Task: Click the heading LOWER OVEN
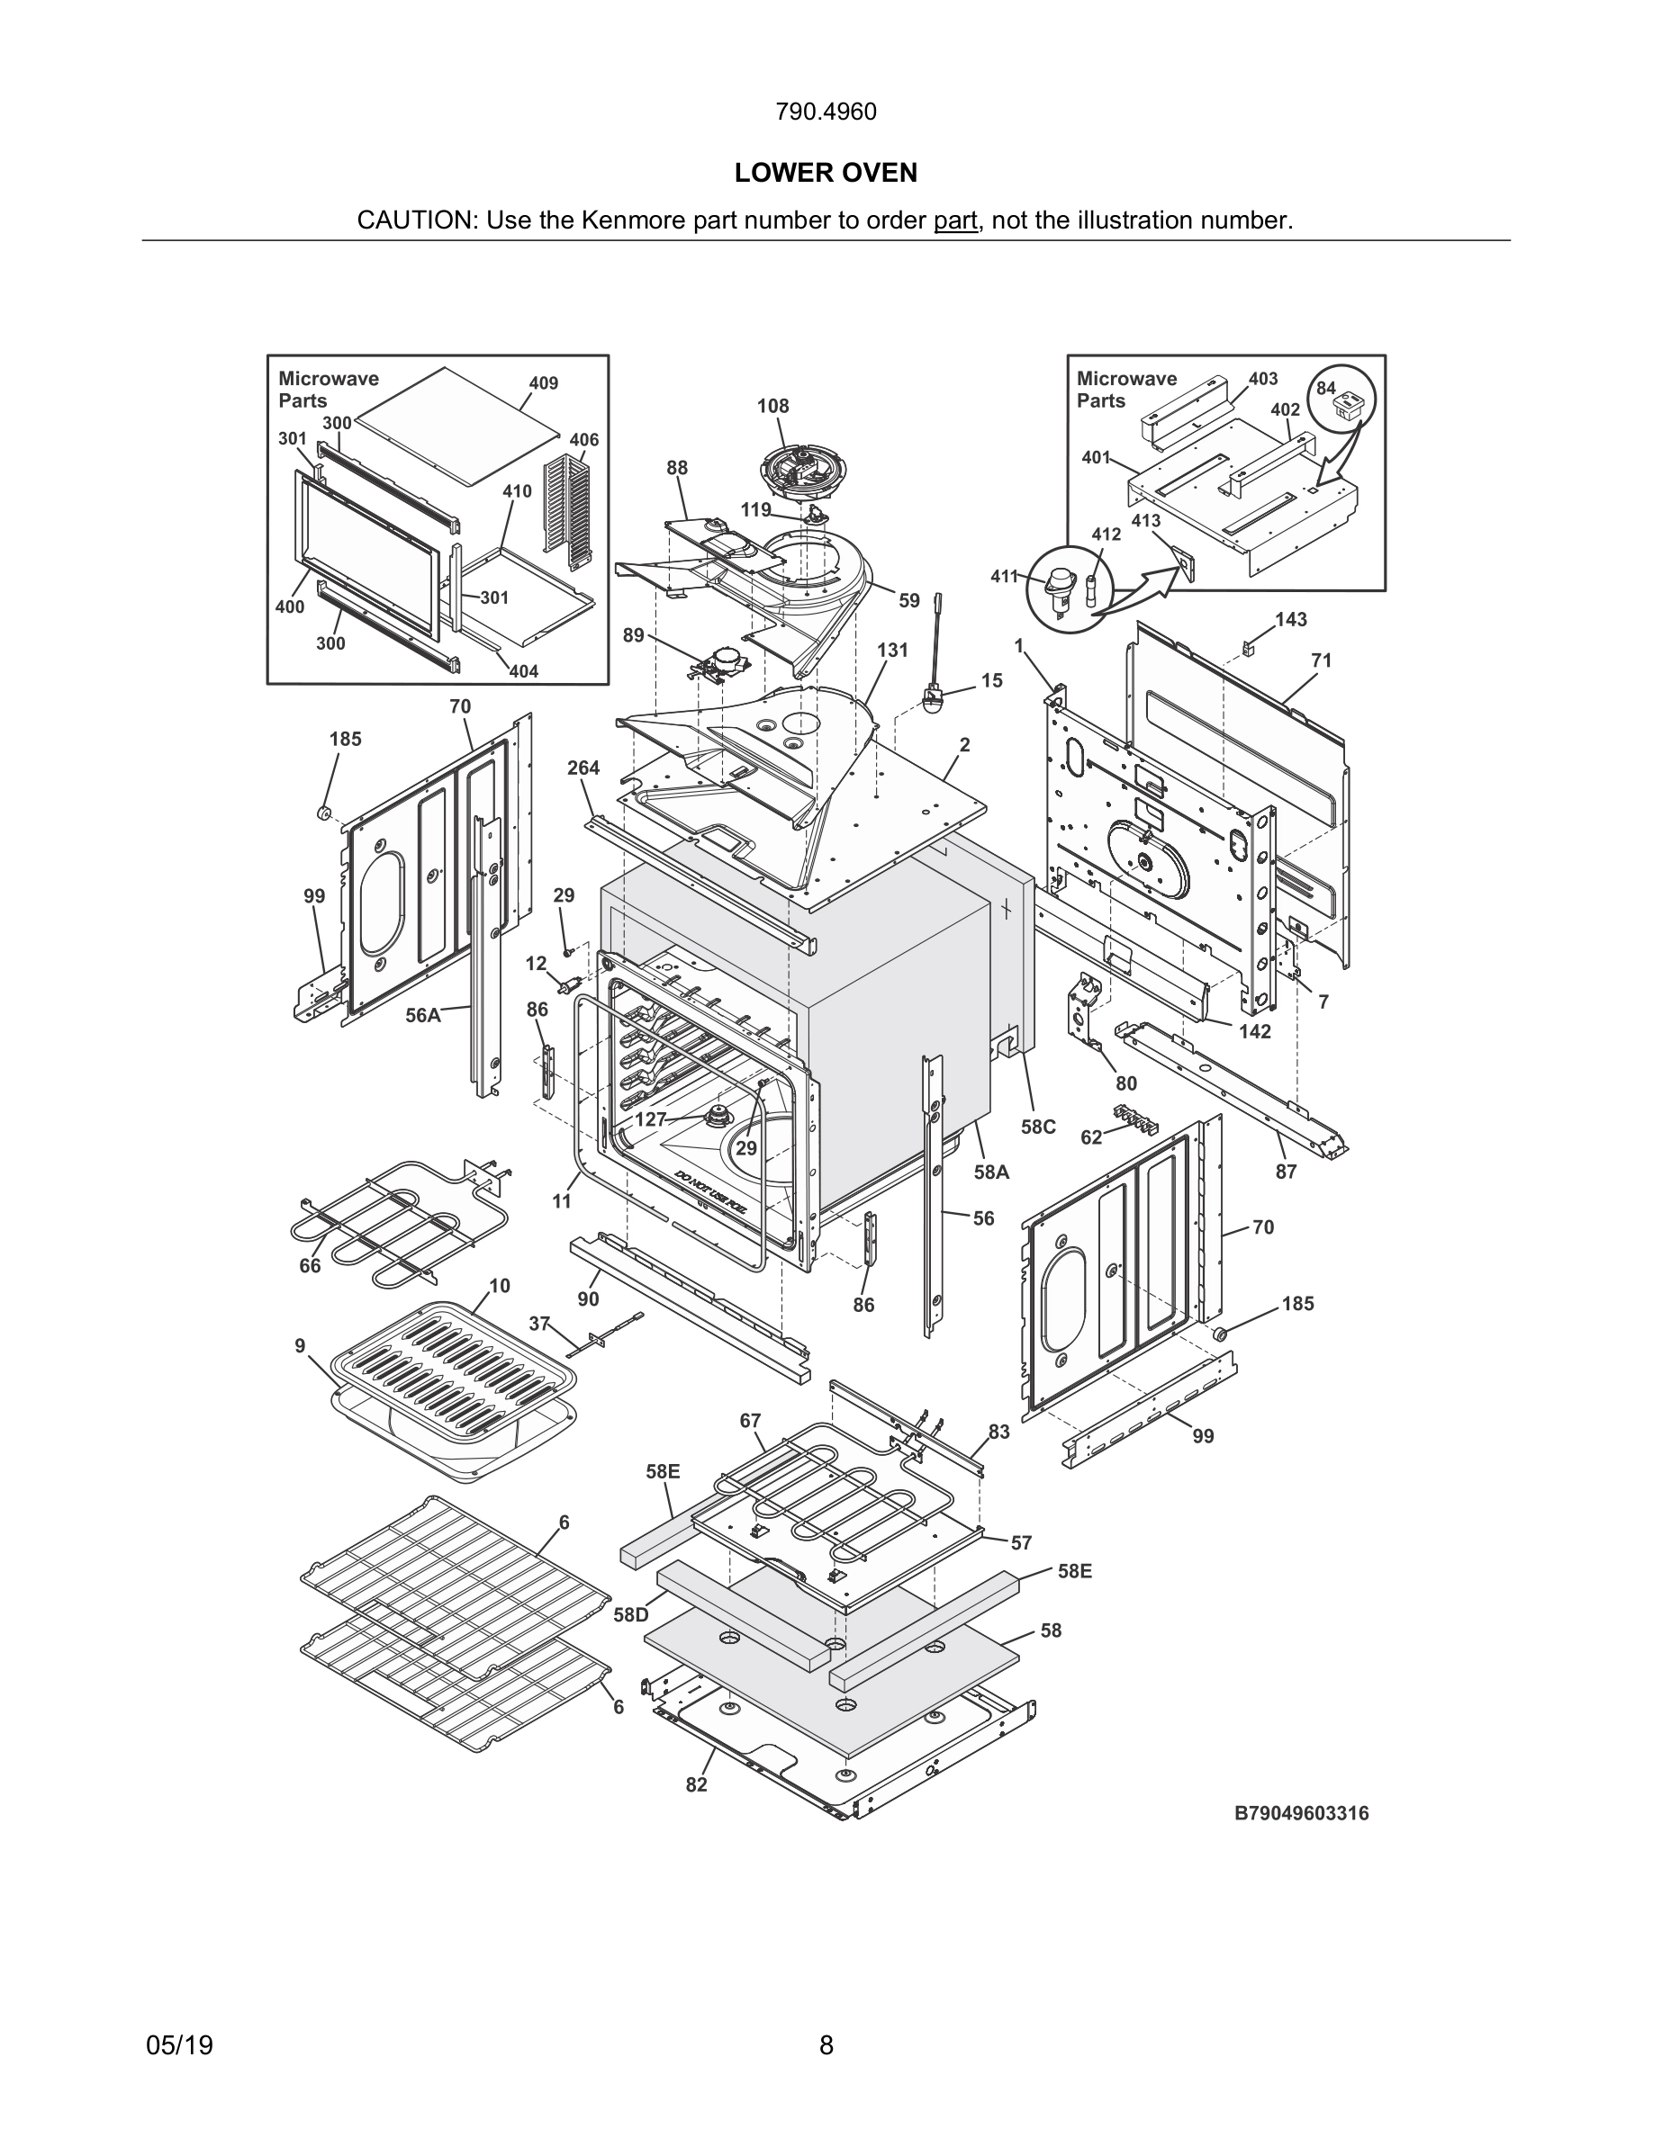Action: tap(826, 174)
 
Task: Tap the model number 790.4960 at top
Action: tap(826, 112)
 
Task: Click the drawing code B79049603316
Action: tap(1302, 1813)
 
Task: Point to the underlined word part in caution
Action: tap(954, 220)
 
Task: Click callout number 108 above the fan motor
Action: tap(772, 405)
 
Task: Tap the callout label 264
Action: tap(583, 768)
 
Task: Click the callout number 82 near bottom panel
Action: tap(696, 1784)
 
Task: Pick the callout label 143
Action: tap(1291, 620)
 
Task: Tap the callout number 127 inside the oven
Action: tap(651, 1118)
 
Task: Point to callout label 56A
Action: tap(423, 1015)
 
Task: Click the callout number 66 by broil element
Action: tap(310, 1266)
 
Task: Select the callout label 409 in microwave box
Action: tap(544, 382)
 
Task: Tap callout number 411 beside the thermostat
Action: tap(1004, 577)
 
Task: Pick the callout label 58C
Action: tap(1038, 1127)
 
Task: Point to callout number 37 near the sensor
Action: tap(539, 1324)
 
